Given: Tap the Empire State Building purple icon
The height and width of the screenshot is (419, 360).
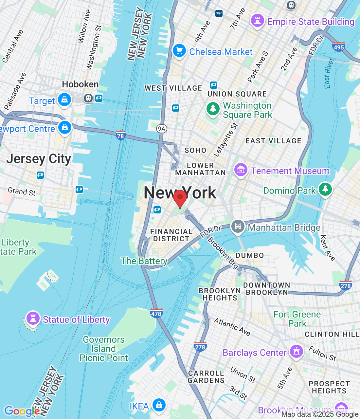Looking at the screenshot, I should tap(257, 21).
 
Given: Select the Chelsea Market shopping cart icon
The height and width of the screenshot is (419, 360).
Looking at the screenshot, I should tap(179, 51).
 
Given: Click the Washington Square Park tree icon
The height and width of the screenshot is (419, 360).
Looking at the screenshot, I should tap(213, 109).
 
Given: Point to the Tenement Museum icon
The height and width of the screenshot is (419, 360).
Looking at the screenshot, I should tap(241, 170).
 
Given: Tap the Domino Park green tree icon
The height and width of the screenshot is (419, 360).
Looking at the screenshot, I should tap(325, 189).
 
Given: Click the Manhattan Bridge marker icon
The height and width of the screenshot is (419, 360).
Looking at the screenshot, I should tap(238, 227).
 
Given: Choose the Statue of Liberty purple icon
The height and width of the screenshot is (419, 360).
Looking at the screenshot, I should tap(33, 318).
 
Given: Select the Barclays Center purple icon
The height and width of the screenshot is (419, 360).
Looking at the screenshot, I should tap(297, 352).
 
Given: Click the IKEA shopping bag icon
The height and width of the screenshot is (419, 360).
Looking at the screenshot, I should tap(159, 405).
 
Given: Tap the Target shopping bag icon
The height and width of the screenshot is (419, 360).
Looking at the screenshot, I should tap(64, 100).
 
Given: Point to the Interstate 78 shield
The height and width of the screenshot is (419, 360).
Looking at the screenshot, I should tap(120, 136).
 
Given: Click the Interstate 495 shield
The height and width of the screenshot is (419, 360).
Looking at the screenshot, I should tap(339, 47).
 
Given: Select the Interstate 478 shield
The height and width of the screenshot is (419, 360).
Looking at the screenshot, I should tap(156, 313).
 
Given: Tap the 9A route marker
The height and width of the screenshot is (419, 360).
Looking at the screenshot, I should tap(162, 129).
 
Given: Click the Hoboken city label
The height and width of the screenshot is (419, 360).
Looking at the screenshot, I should tap(80, 84).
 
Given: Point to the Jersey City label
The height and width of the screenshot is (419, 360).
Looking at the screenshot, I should tap(39, 159).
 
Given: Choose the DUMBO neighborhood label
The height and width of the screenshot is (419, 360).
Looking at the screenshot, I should tap(250, 255).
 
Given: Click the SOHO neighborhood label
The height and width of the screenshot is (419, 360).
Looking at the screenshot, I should tap(195, 150).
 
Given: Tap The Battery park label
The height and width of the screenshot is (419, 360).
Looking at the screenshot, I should tap(144, 261).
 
